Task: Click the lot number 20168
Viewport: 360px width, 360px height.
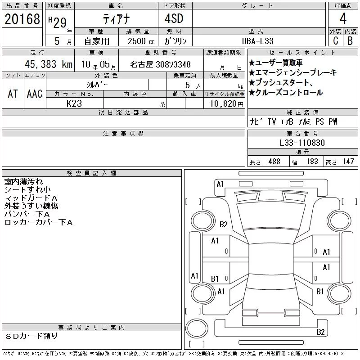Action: (x=22, y=19)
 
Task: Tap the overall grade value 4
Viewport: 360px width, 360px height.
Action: (x=343, y=18)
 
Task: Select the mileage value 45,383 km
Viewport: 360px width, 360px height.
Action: (x=49, y=64)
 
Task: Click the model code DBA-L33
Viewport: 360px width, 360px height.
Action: (x=258, y=41)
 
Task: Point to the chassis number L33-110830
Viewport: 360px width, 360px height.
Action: (x=302, y=143)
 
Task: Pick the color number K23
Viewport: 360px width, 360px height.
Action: (x=74, y=103)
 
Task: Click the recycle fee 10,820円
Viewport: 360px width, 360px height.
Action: (x=227, y=104)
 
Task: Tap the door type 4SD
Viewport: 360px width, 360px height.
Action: (x=174, y=18)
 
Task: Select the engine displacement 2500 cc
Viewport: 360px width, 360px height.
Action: (x=141, y=41)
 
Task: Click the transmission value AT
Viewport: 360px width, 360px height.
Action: (x=13, y=94)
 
